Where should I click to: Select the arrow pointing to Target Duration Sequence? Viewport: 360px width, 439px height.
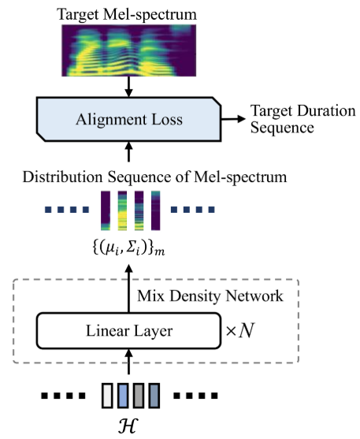pyautogui.click(x=232, y=118)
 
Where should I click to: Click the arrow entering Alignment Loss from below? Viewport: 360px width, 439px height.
pyautogui.click(x=127, y=151)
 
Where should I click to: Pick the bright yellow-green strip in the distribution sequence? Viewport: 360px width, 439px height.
pyautogui.click(x=123, y=209)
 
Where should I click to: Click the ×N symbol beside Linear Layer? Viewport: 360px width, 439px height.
pyautogui.click(x=242, y=329)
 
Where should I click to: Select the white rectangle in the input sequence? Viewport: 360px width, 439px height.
pyautogui.click(x=107, y=392)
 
